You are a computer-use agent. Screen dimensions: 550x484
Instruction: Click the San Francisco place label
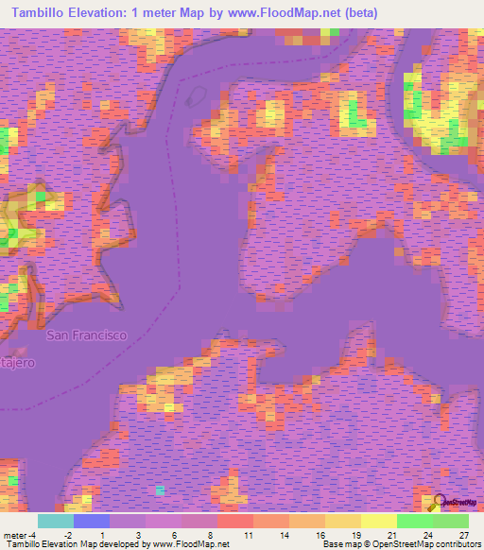(x=87, y=335)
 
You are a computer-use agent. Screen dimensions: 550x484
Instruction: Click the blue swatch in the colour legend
(x=92, y=521)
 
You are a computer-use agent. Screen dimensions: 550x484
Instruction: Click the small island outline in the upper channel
(x=199, y=96)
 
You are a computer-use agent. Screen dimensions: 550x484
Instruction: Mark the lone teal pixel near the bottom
(x=160, y=490)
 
